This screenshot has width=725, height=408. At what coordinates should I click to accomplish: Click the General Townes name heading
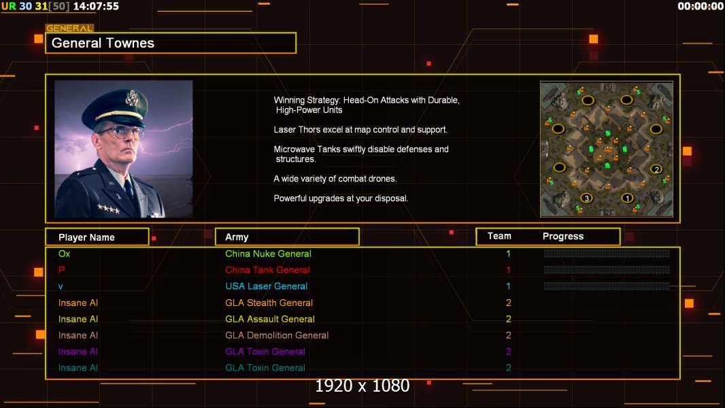coord(103,43)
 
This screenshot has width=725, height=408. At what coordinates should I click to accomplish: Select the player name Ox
coord(64,254)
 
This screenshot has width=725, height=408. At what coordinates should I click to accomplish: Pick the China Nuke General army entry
coord(268,254)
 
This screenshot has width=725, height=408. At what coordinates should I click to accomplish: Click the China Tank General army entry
coord(267,270)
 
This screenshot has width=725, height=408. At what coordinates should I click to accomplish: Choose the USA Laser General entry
coord(266,286)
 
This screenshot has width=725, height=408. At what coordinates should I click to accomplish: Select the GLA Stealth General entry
coord(269,303)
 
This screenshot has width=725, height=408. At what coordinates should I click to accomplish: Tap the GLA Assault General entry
coord(269,319)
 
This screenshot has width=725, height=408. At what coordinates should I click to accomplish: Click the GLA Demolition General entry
coord(277,335)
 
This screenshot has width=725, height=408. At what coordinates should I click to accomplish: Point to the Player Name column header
coord(86,237)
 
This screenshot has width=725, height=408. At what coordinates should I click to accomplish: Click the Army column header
coord(237,237)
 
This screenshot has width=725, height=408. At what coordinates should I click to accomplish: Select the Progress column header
coord(563,237)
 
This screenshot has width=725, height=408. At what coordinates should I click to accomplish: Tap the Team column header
coord(499,236)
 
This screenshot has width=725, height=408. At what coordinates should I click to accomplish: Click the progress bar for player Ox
coord(607,254)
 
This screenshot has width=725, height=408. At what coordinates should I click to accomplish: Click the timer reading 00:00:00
coord(701,6)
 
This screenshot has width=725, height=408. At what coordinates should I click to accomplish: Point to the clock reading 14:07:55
coord(95,6)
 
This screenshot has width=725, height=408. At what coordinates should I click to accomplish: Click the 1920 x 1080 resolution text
coord(362,386)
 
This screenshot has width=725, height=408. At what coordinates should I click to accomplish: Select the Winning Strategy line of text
coord(367,100)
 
